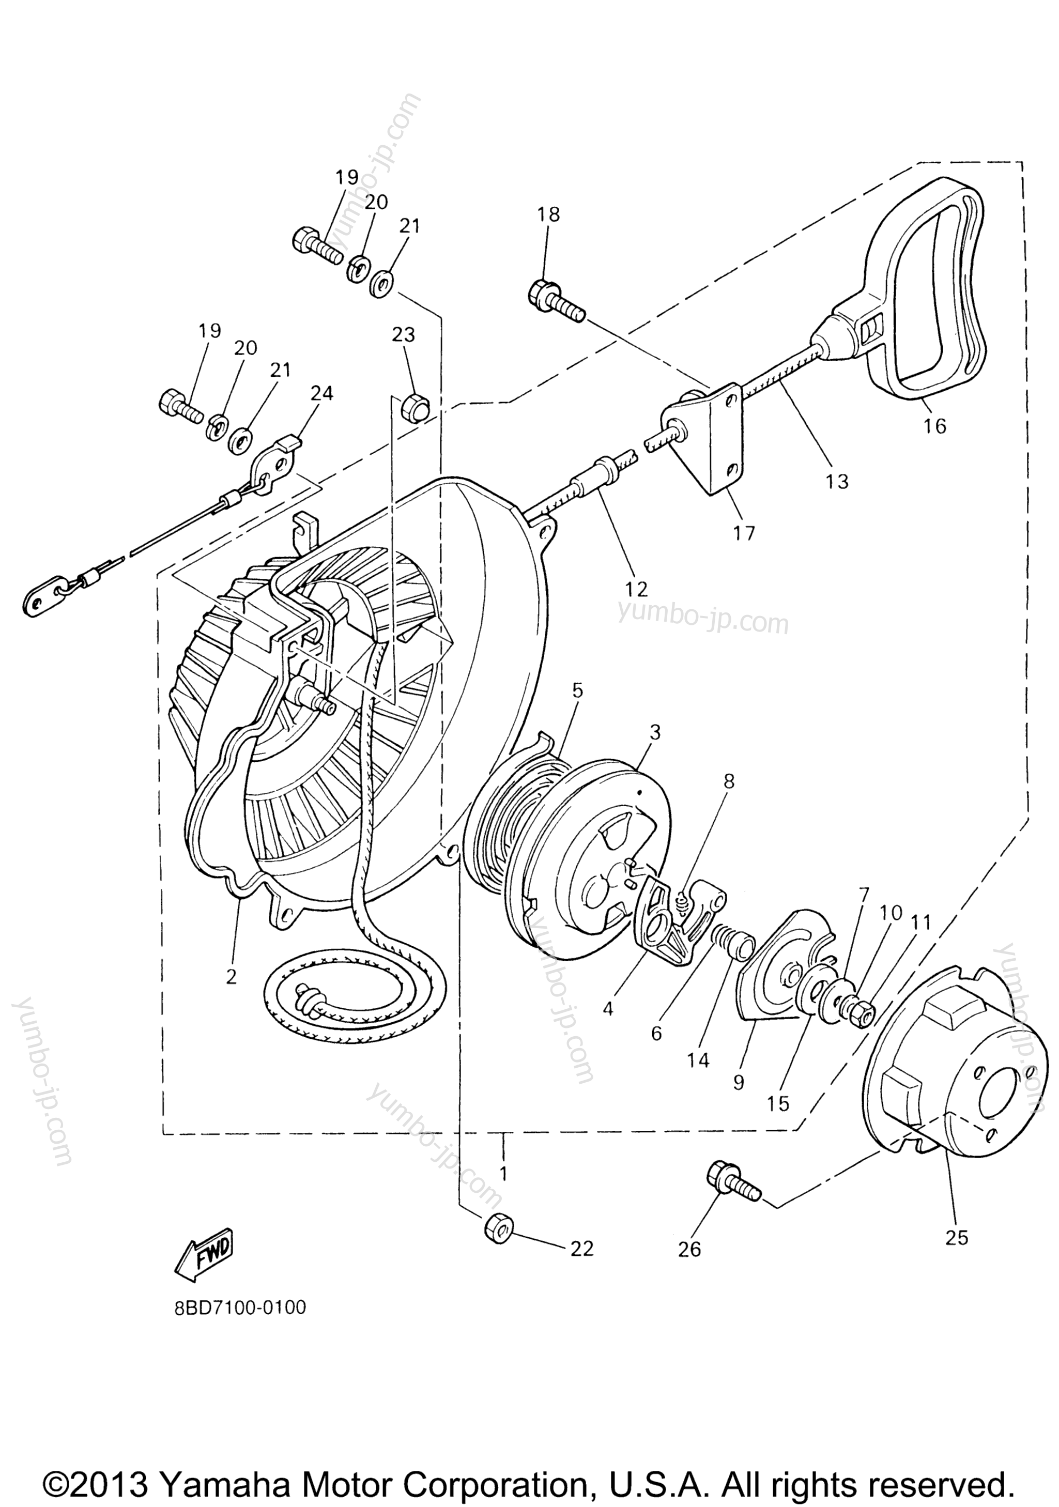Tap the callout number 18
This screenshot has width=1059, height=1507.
click(x=549, y=214)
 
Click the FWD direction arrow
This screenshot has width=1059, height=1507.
click(x=204, y=1256)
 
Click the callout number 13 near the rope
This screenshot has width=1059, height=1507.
click(x=838, y=481)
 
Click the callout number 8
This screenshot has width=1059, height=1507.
click(x=729, y=781)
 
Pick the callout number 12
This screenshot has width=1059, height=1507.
click(x=637, y=588)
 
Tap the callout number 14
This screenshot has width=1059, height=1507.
click(x=699, y=1060)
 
